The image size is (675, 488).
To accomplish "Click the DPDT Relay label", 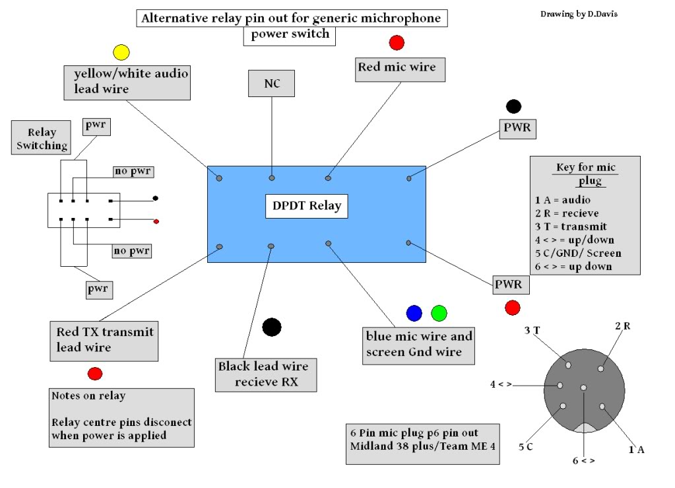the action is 307,206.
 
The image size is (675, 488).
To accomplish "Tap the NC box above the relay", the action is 272,84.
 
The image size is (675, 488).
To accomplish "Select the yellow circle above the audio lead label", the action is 121,52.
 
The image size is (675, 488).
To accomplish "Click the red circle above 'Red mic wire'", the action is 397,42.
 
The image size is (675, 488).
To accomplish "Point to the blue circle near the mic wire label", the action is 414,313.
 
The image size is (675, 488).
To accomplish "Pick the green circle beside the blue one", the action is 439,313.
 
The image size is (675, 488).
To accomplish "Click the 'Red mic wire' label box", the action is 400,69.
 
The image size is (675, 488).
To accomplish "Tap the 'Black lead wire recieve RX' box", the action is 266,374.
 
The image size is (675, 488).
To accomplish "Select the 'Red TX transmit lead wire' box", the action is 104,341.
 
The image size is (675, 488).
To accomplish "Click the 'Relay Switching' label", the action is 42,138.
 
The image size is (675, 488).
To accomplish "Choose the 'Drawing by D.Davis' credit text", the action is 579,14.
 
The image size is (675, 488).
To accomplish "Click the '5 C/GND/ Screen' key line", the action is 578,254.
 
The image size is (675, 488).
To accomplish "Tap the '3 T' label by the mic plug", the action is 532,330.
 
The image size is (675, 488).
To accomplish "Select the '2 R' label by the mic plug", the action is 622,326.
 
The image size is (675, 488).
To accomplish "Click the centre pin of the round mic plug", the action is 583,388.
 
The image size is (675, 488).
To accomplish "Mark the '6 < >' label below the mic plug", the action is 584,461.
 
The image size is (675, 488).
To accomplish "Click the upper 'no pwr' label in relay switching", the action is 133,172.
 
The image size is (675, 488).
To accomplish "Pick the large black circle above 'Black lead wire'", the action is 272,327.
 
